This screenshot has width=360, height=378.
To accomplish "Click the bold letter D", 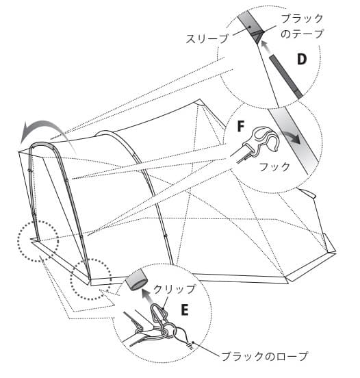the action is click(302, 60).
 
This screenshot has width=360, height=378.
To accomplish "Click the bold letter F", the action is click(241, 126).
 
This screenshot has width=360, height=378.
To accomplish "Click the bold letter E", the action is click(185, 310).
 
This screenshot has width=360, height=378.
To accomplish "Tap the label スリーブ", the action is click(207, 38).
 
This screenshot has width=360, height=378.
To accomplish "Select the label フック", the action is click(274, 167).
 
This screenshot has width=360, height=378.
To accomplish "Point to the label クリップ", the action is click(175, 289).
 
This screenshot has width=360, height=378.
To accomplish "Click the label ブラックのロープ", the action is click(264, 356).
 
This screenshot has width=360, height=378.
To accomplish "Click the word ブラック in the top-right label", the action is click(302, 18).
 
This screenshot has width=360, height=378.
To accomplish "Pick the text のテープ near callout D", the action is click(302, 34).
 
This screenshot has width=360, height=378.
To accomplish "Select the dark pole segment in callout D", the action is click(286, 76).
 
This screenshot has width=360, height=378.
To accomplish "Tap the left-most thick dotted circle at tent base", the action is click(38, 241).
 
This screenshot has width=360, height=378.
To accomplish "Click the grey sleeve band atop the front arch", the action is click(42, 145).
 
